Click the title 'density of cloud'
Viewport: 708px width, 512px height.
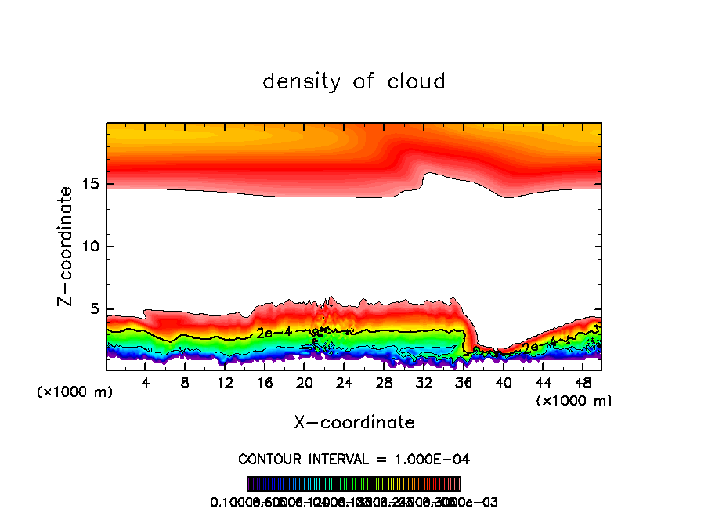pyautogui.click(x=354, y=81)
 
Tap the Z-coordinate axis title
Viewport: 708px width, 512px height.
pyautogui.click(x=67, y=246)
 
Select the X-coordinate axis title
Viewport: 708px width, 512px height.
pyautogui.click(x=354, y=423)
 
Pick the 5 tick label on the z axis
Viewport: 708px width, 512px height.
pyautogui.click(x=92, y=309)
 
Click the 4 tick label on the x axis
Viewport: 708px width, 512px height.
pyautogui.click(x=145, y=383)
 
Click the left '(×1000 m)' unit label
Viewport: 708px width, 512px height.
pyautogui.click(x=75, y=392)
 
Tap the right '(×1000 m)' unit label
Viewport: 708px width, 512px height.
pyautogui.click(x=573, y=401)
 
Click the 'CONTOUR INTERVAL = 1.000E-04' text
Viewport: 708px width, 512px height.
pyautogui.click(x=354, y=459)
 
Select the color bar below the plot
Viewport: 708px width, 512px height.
pyautogui.click(x=354, y=484)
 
